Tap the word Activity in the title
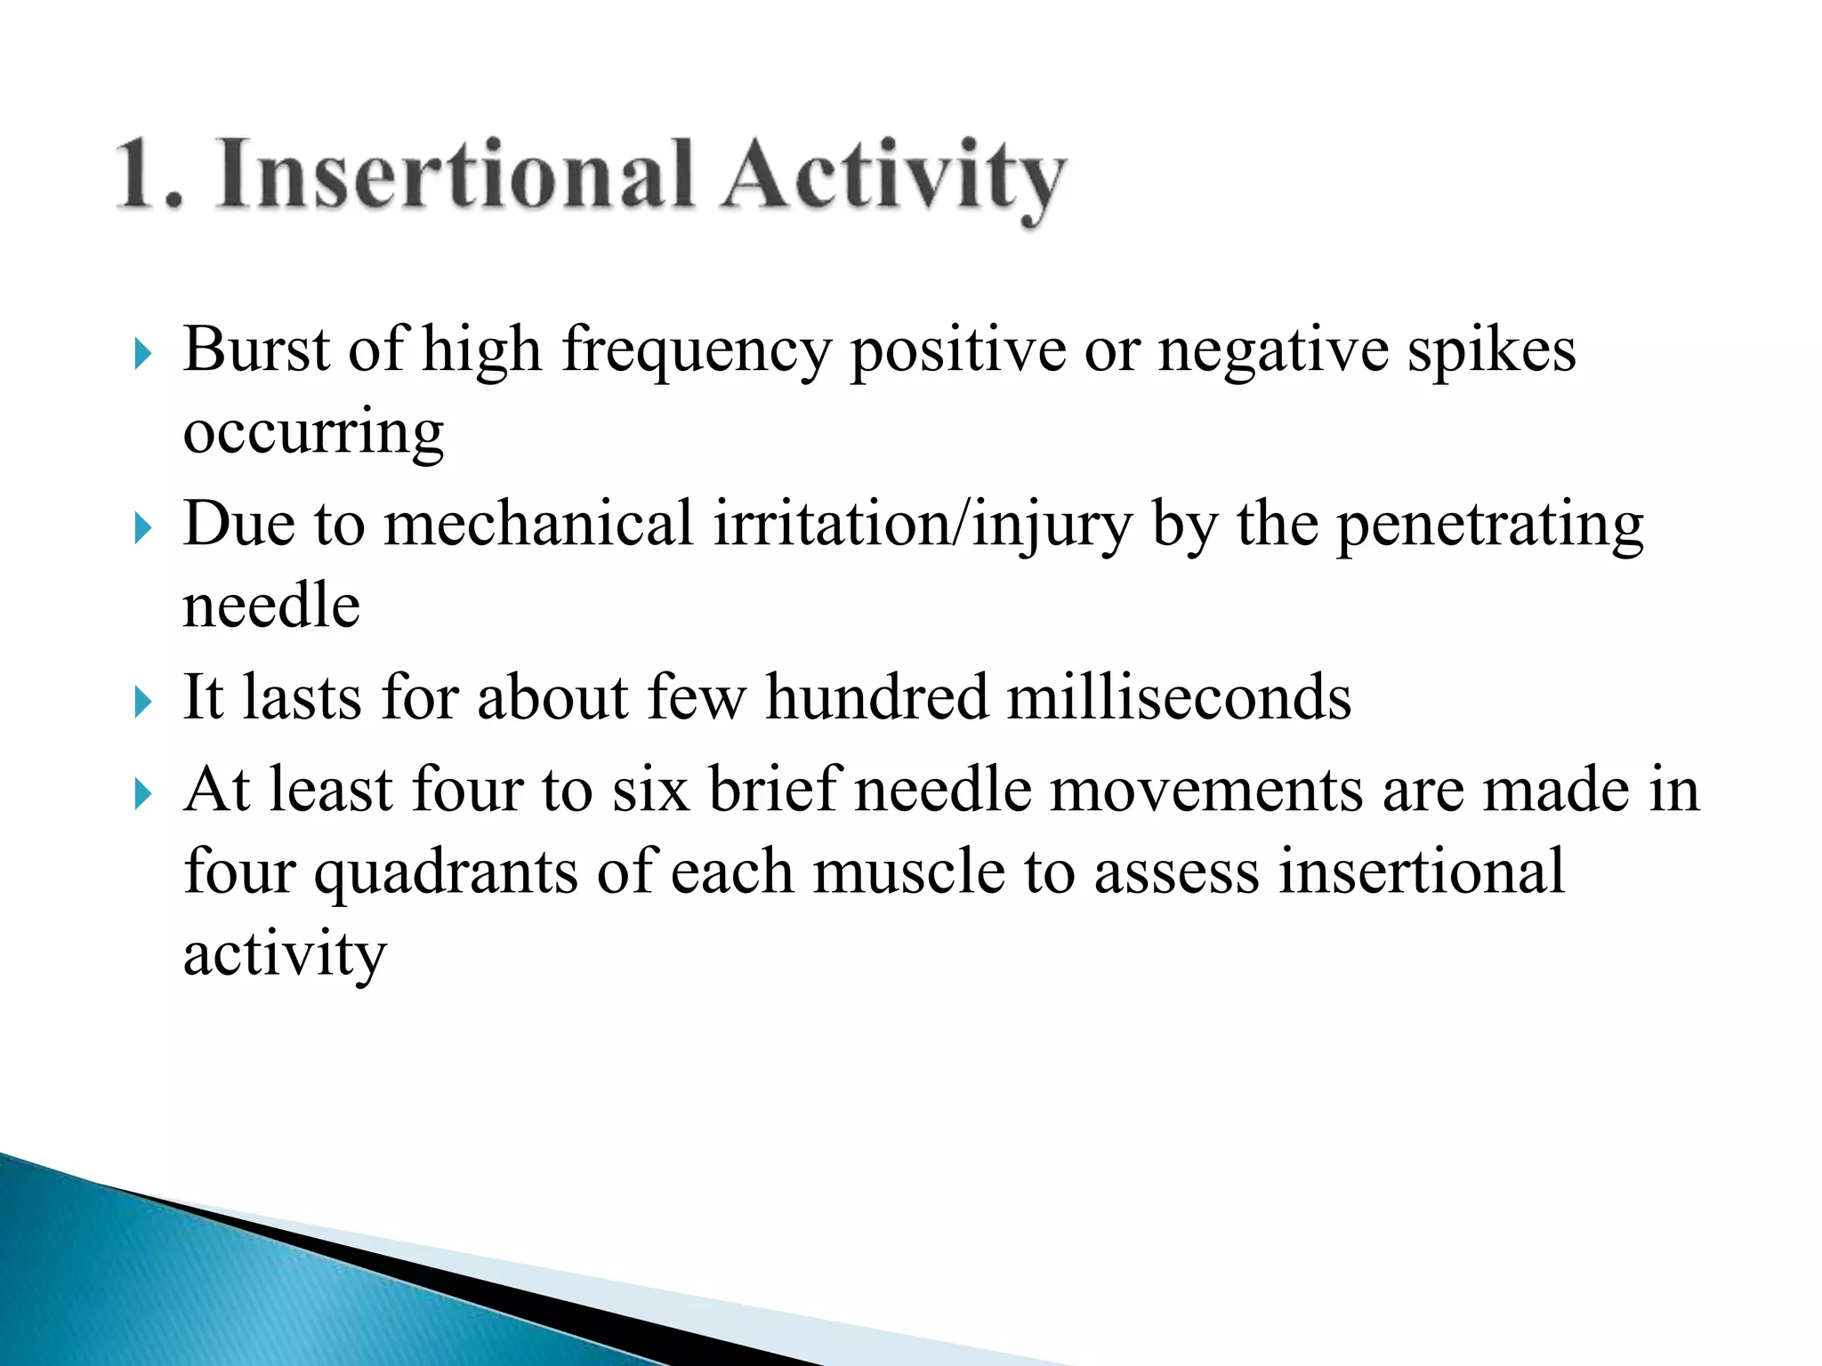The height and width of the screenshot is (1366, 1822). [x=893, y=178]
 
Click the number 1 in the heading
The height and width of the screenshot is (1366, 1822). [x=142, y=176]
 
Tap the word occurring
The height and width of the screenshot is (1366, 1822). [x=313, y=433]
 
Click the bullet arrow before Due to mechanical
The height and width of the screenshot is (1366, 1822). [x=142, y=528]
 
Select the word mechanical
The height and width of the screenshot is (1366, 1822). [x=538, y=524]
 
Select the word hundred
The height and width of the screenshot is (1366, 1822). [x=876, y=697]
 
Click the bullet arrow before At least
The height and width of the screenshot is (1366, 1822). [x=142, y=793]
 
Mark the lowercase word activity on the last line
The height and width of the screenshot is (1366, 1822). [x=285, y=955]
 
